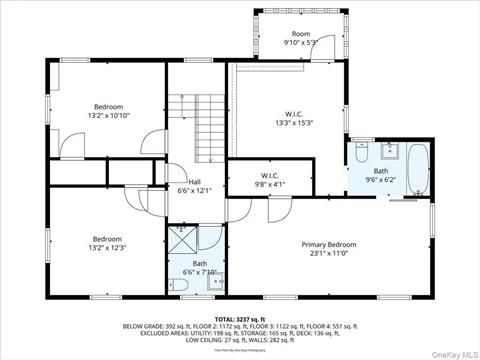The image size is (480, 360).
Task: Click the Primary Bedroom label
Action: pos(329,244)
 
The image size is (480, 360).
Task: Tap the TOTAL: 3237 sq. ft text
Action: pos(240,317)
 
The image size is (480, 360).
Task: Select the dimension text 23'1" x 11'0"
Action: pos(329,253)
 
